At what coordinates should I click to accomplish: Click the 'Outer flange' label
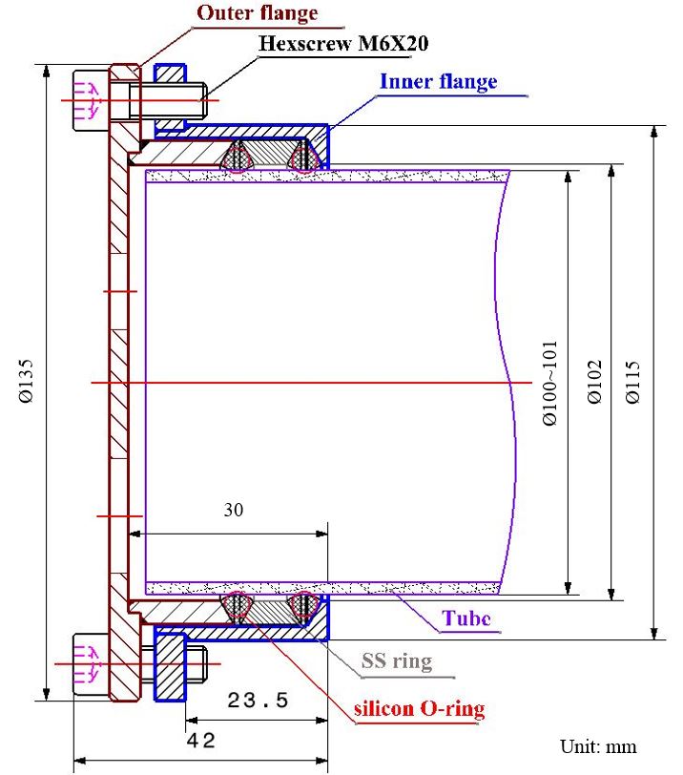257,13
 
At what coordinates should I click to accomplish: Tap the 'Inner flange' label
438,81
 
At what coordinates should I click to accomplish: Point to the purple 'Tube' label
466,618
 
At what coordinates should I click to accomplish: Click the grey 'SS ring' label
396,660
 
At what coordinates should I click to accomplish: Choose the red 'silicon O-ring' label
419,708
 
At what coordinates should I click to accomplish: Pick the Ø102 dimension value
594,381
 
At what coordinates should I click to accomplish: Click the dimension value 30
234,510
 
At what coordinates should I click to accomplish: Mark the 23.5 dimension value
258,700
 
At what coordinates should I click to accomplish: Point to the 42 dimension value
202,741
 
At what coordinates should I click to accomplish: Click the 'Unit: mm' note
597,746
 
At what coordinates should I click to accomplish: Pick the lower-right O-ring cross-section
305,606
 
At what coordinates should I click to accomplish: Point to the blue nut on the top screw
170,97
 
